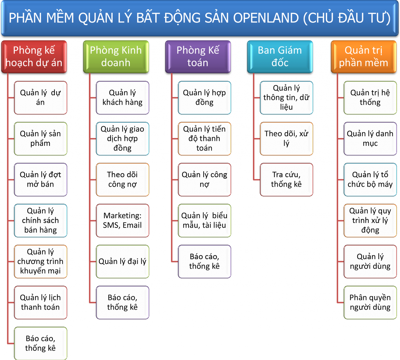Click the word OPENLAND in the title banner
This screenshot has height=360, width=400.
pyautogui.click(x=266, y=18)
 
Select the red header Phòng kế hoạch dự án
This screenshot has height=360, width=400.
pyautogui.click(x=34, y=57)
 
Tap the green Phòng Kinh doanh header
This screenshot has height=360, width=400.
pyautogui.click(x=116, y=57)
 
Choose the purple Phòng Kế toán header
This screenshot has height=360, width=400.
pyautogui.click(x=198, y=57)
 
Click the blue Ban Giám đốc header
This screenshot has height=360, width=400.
pyautogui.click(x=280, y=57)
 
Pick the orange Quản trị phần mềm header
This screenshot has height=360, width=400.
pyautogui.click(x=364, y=57)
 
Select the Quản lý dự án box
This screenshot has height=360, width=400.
pyautogui.click(x=41, y=97)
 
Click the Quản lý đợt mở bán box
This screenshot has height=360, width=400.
pyautogui.click(x=41, y=179)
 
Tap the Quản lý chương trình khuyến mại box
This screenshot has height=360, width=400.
pyautogui.click(x=41, y=261)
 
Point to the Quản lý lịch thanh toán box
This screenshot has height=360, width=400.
pyautogui.click(x=41, y=302)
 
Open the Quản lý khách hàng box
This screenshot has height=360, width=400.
pyautogui.click(x=123, y=97)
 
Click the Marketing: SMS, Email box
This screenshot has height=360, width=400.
pyautogui.click(x=123, y=220)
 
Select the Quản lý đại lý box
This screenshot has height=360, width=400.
pyautogui.click(x=123, y=261)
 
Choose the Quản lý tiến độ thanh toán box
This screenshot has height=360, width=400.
pyautogui.click(x=205, y=139)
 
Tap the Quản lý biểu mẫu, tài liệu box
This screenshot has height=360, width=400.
pyautogui.click(x=205, y=220)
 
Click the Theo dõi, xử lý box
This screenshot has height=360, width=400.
pyautogui.click(x=286, y=139)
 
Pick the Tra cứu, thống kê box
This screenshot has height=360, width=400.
pyautogui.click(x=286, y=179)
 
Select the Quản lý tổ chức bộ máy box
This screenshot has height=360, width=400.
pyautogui.click(x=370, y=179)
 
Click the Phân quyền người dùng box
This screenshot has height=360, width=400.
pyautogui.click(x=370, y=302)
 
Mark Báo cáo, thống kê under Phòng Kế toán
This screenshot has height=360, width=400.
pyautogui.click(x=205, y=261)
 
